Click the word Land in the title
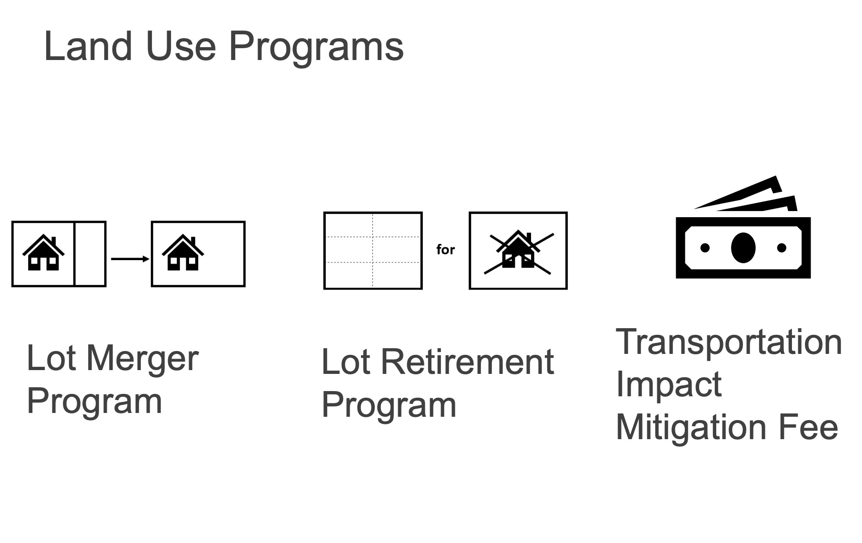(88, 46)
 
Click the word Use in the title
(181, 46)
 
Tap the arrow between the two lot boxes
(130, 259)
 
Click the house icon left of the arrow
(43, 252)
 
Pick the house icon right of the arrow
(183, 252)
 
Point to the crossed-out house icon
(519, 251)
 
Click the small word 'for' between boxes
(446, 250)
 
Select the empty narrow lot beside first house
(90, 254)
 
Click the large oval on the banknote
(743, 248)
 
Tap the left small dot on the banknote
(705, 248)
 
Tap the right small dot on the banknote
(782, 248)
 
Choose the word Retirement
(468, 362)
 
